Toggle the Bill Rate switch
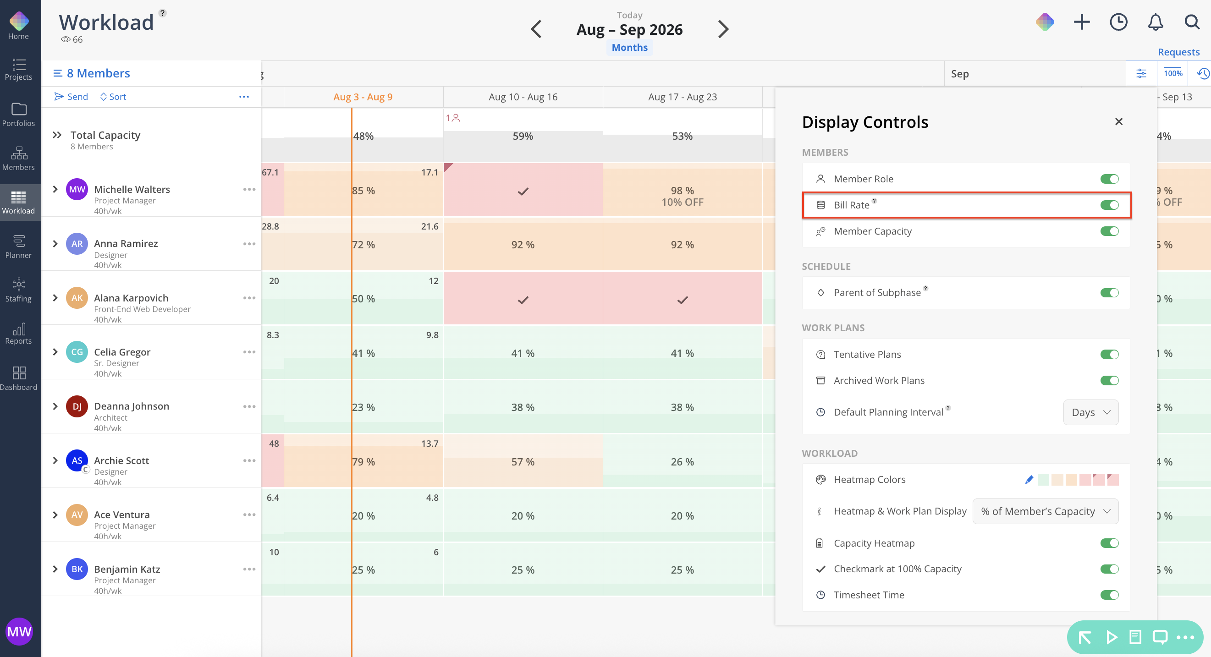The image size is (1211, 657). pos(1109,205)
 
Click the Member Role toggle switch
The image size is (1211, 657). pos(1109,179)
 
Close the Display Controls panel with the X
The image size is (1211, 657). pos(1118,122)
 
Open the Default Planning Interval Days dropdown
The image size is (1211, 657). pos(1090,412)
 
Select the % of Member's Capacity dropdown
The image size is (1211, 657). pos(1045,511)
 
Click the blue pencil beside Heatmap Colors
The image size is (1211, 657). pos(1029,479)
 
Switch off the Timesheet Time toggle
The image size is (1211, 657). pos(1109,595)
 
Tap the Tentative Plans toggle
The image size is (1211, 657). pos(1109,354)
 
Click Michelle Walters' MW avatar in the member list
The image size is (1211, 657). pos(77,189)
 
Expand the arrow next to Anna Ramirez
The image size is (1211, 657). pos(55,243)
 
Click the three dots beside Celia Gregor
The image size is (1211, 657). pos(249,352)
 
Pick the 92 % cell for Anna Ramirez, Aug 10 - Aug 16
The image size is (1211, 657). pos(523,244)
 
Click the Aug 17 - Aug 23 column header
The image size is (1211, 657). pos(682,97)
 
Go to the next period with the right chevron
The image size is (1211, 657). pos(723,29)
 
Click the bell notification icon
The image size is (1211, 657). pos(1155,22)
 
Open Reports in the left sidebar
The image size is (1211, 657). pos(19,334)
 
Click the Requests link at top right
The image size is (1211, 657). pos(1178,52)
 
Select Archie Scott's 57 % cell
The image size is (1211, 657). pos(523,461)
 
